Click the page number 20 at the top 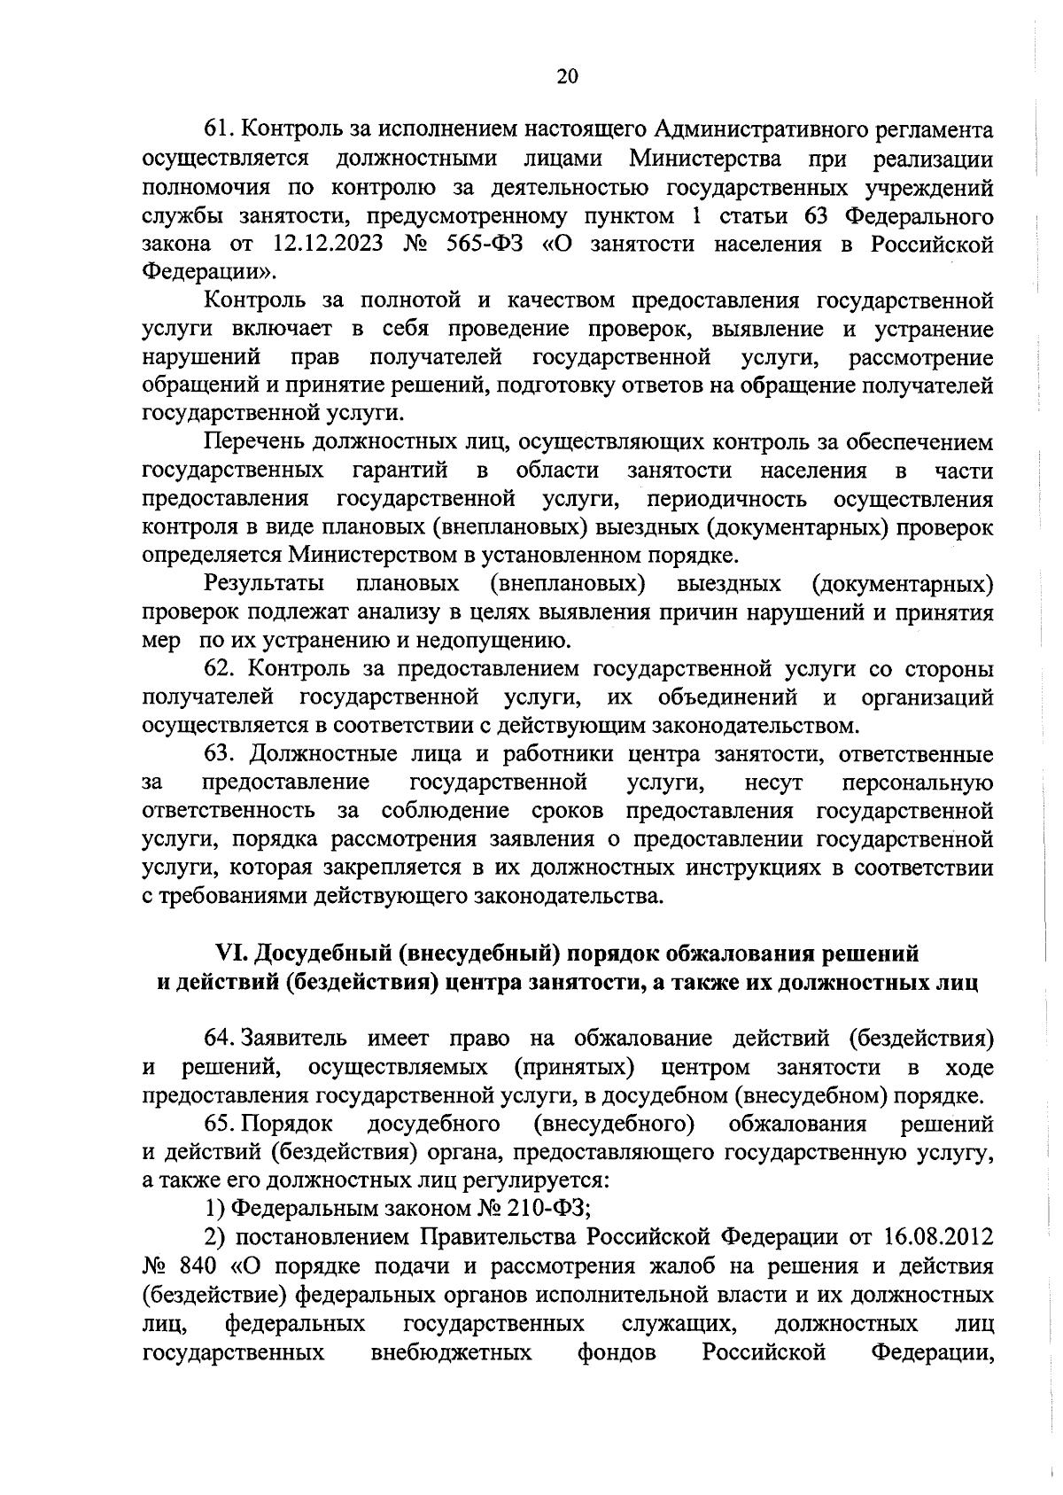[x=567, y=76]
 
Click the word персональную [x=917, y=783]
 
